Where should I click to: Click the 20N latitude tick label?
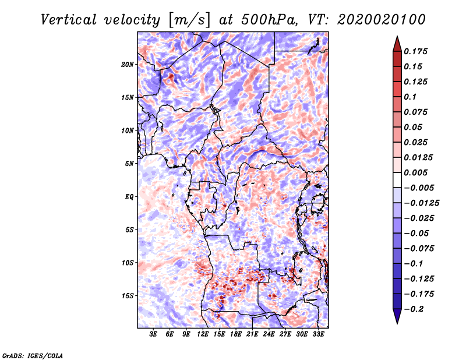pyautogui.click(x=128, y=64)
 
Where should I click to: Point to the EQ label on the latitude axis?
pyautogui.click(x=129, y=197)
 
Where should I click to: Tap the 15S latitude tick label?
pyautogui.click(x=128, y=296)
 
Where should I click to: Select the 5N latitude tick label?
pyautogui.click(x=129, y=164)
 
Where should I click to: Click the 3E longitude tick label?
pyautogui.click(x=153, y=334)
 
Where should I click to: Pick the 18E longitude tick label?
pyautogui.click(x=236, y=334)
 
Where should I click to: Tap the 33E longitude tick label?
pyautogui.click(x=318, y=334)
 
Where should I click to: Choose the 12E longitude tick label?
pyautogui.click(x=203, y=334)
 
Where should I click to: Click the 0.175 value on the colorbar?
pyautogui.click(x=416, y=51)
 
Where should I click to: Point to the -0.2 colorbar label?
pyautogui.click(x=414, y=309)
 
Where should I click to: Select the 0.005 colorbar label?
pyautogui.click(x=416, y=172)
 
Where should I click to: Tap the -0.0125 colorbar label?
pyautogui.click(x=421, y=203)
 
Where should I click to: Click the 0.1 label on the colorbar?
pyautogui.click(x=410, y=97)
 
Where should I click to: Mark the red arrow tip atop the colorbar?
pyautogui.click(x=397, y=37)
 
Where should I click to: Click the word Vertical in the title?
pyautogui.click(x=69, y=20)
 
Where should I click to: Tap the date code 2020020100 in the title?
pyautogui.click(x=382, y=20)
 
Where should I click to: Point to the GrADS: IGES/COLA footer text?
pyautogui.click(x=33, y=355)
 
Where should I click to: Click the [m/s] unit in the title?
pyautogui.click(x=189, y=20)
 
